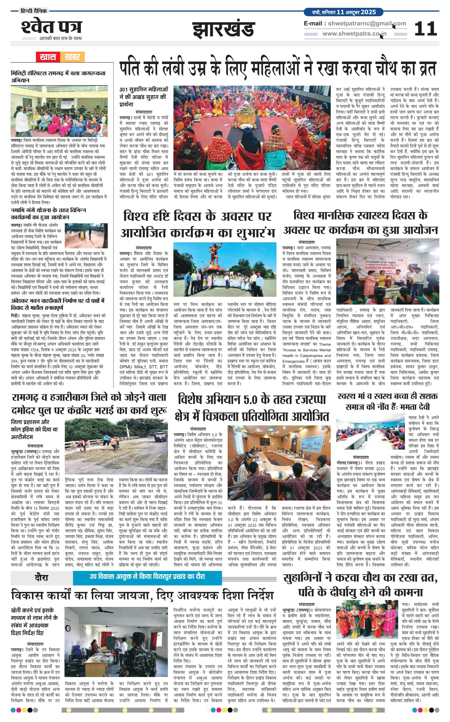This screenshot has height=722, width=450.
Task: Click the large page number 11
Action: [x=425, y=29]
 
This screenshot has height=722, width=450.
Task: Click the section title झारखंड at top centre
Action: [x=224, y=30]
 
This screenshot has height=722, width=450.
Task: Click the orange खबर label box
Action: [x=72, y=57]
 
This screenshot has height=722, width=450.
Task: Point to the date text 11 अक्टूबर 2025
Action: [x=356, y=12]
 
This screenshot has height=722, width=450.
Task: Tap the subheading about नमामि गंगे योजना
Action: [x=48, y=213]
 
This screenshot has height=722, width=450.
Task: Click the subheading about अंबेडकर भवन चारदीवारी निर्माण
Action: [x=58, y=304]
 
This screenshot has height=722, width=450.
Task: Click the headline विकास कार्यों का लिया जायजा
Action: [x=142, y=596]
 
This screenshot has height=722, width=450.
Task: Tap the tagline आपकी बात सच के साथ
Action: [x=60, y=38]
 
